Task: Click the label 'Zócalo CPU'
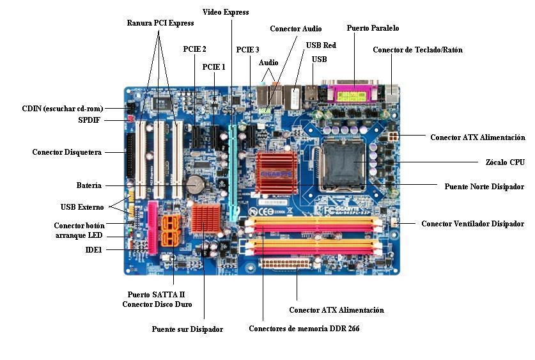point(504,162)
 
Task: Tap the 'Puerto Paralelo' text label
point(373,28)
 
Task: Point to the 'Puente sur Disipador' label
point(187,329)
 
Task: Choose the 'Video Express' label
point(226,12)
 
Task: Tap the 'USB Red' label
point(320,45)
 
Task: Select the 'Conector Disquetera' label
point(67,152)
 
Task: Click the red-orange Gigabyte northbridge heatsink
point(276,171)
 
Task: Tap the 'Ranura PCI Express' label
point(160,23)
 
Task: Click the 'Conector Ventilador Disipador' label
point(472,224)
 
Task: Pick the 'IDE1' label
point(93,249)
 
